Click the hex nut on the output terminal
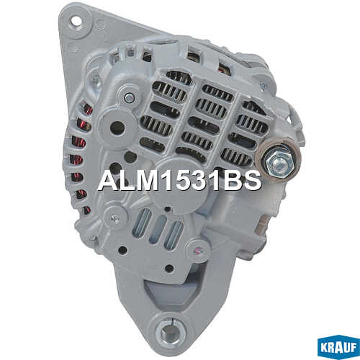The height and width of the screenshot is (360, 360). [x=280, y=163]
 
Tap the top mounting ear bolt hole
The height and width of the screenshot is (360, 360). [x=76, y=21]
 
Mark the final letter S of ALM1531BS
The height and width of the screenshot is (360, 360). [x=251, y=181]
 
